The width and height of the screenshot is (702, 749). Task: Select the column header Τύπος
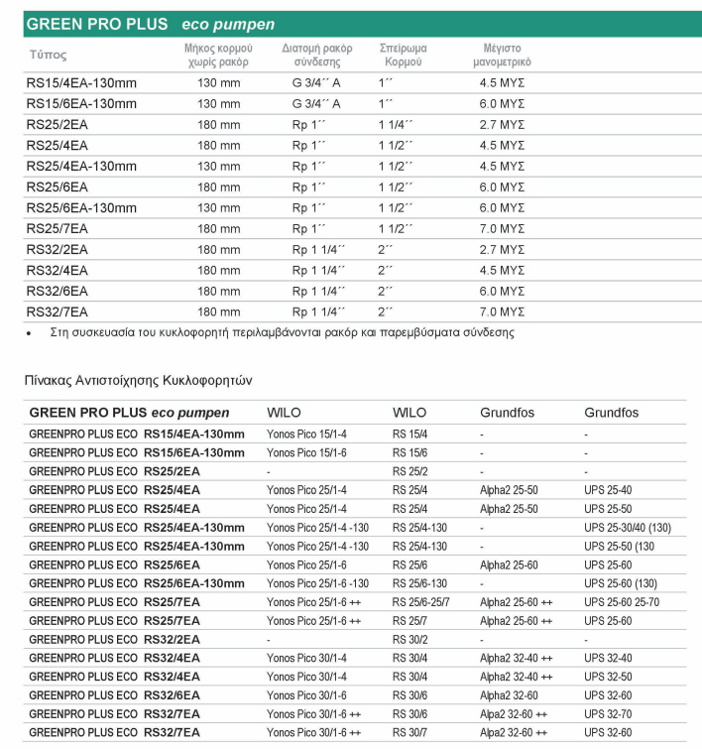(x=47, y=56)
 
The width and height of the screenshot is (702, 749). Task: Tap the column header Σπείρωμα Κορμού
(x=404, y=55)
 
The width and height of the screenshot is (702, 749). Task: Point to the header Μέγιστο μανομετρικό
(x=504, y=55)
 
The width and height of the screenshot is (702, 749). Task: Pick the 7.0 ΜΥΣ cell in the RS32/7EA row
(x=502, y=312)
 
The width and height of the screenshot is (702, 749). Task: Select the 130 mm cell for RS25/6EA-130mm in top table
(x=218, y=207)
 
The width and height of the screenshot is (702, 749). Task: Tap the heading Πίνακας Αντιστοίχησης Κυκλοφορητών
(x=139, y=379)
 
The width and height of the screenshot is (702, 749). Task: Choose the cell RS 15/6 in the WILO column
(x=411, y=452)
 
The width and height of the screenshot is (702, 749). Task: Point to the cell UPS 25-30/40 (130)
(x=628, y=527)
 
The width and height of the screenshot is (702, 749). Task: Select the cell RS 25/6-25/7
(x=426, y=601)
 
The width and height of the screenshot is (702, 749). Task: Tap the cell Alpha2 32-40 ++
(x=517, y=657)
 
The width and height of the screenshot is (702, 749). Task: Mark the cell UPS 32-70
(x=607, y=712)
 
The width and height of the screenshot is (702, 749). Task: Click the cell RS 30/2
(x=411, y=638)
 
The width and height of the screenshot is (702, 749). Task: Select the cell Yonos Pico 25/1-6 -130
(x=317, y=582)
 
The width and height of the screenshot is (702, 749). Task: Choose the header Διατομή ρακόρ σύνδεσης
(x=316, y=55)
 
